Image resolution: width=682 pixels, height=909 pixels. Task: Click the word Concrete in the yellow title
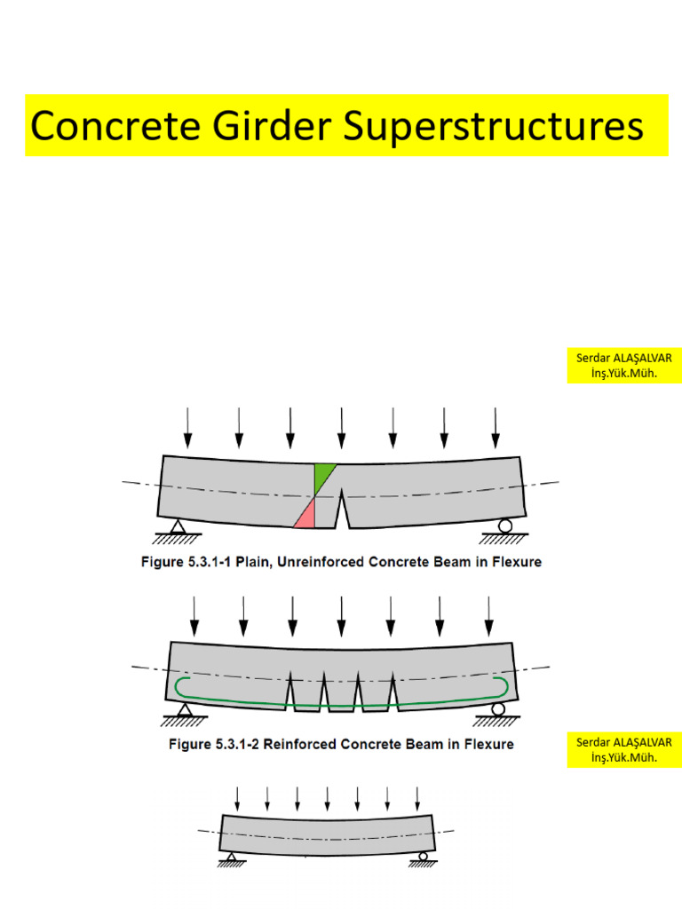pos(98,126)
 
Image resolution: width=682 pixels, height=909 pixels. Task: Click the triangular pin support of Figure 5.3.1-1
pos(177,526)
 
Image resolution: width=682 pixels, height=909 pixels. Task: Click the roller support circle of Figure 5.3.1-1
pos(504,526)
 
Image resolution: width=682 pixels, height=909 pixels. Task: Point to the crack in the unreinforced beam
pos(341,510)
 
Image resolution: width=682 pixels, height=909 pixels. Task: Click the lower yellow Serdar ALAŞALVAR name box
pos(624,750)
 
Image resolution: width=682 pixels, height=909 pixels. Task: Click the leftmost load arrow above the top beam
pos(186,427)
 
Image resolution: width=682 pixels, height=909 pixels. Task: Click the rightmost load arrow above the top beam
pos(495,427)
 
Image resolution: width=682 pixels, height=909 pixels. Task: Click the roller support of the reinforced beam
pos(497,707)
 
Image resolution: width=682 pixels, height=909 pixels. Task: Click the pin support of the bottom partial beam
pos(231,856)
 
